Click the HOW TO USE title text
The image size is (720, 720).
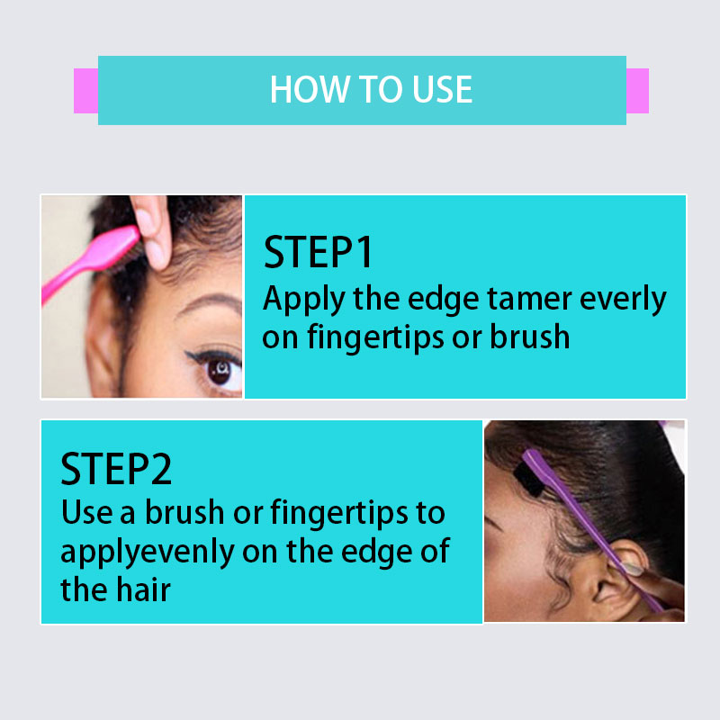click(x=371, y=89)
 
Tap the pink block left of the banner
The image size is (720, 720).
click(x=85, y=91)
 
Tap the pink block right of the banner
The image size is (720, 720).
click(x=637, y=91)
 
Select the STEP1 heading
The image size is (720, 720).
click(x=318, y=252)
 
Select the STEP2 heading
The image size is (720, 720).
click(x=116, y=468)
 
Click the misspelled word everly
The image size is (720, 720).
click(x=623, y=300)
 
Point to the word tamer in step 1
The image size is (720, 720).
click(x=528, y=299)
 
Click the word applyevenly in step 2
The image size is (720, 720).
click(x=148, y=552)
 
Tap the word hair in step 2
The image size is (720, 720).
click(x=143, y=589)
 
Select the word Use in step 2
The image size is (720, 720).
click(x=86, y=513)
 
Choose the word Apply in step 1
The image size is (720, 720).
click(x=303, y=300)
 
